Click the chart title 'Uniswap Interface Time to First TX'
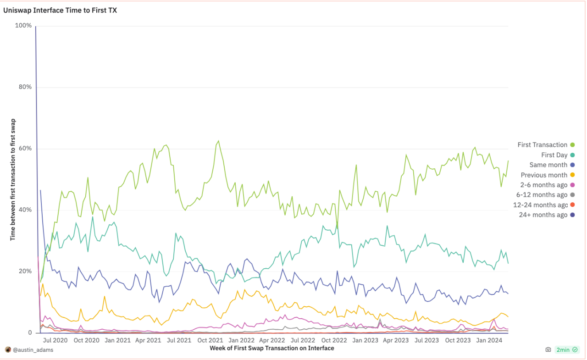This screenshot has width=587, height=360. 60,10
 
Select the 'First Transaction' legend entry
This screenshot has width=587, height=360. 543,145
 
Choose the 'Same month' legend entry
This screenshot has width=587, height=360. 548,165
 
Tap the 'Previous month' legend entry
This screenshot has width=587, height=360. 544,175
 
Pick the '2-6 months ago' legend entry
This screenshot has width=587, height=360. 544,185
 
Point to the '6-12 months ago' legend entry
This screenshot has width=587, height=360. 542,195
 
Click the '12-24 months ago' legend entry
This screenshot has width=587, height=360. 540,205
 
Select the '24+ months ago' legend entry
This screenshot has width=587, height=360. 543,215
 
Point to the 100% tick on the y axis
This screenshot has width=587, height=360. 24,26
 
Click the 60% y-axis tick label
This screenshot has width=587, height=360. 25,149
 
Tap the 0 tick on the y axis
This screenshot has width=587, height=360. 30,332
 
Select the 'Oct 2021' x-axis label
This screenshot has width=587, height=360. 210,340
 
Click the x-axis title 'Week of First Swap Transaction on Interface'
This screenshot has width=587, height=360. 271,348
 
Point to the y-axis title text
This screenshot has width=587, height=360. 13,179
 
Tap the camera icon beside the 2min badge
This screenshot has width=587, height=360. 548,350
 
